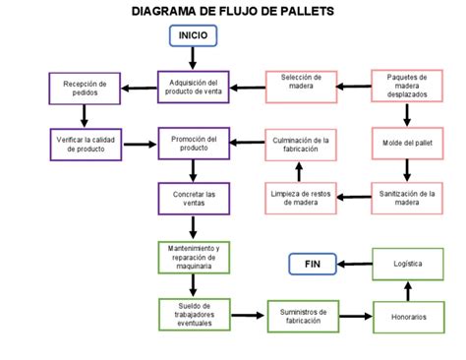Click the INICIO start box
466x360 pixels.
tap(193, 36)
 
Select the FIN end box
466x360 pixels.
tap(313, 264)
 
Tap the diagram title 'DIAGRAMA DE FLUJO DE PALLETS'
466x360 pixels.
tap(233, 12)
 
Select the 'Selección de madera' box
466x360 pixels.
tap(302, 86)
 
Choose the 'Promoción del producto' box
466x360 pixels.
tap(193, 142)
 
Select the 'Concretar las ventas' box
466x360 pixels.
tap(193, 199)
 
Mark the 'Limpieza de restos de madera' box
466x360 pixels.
tap(302, 199)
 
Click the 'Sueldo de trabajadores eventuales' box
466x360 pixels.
tap(193, 316)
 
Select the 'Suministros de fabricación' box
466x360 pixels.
tap(302, 317)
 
